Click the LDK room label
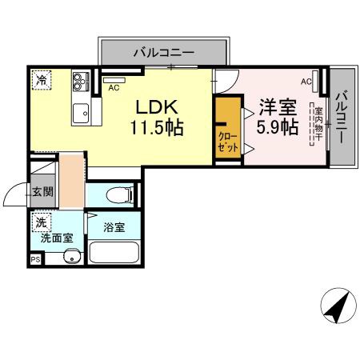click(156, 108)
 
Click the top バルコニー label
click(163, 54)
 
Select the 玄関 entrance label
click(42, 192)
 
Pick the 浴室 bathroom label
click(114, 226)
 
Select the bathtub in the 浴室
click(114, 253)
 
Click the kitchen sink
click(80, 113)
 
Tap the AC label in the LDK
click(114, 88)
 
